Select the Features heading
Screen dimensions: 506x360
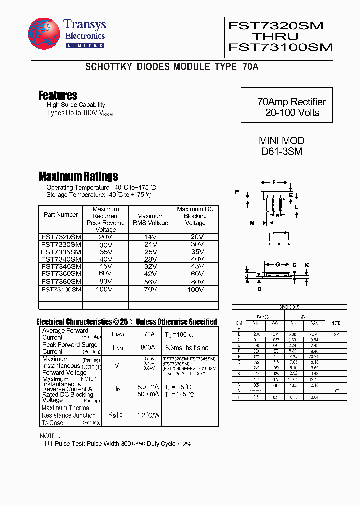58,95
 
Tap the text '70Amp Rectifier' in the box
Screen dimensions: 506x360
291,102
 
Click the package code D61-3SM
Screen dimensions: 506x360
281,151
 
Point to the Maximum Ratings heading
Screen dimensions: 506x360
78,176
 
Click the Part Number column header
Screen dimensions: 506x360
61,215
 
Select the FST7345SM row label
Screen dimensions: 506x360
61,266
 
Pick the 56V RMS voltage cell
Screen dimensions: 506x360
150,281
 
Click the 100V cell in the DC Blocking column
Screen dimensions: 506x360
195,289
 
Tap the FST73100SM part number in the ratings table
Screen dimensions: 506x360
61,289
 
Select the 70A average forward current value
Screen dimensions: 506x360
149,334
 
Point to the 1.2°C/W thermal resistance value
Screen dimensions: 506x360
148,415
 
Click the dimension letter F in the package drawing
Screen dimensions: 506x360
274,182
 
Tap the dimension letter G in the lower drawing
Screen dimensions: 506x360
278,265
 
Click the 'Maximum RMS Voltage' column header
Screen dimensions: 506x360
150,220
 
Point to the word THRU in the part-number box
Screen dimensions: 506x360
274,36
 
